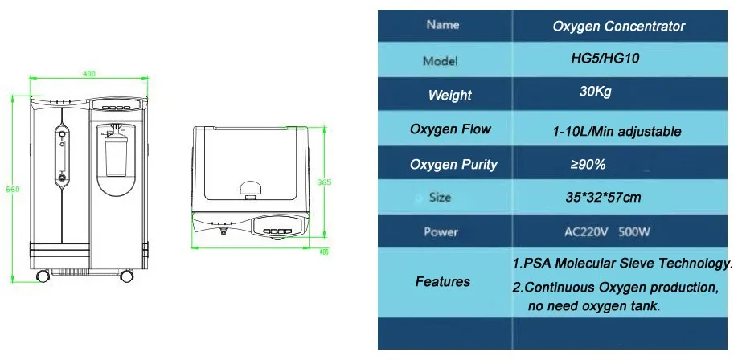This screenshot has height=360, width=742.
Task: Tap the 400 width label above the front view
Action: (88, 74)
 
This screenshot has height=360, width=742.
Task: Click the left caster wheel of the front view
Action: (43, 277)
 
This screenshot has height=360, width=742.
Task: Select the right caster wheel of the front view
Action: (126, 277)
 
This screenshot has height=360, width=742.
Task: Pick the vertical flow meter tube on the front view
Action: (59, 157)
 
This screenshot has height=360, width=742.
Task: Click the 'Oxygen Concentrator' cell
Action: (618, 27)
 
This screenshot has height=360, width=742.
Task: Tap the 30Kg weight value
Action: (595, 92)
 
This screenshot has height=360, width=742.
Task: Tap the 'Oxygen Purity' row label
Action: (453, 165)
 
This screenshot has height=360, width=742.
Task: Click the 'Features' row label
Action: (443, 281)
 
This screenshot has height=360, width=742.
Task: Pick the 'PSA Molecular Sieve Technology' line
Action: (622, 264)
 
